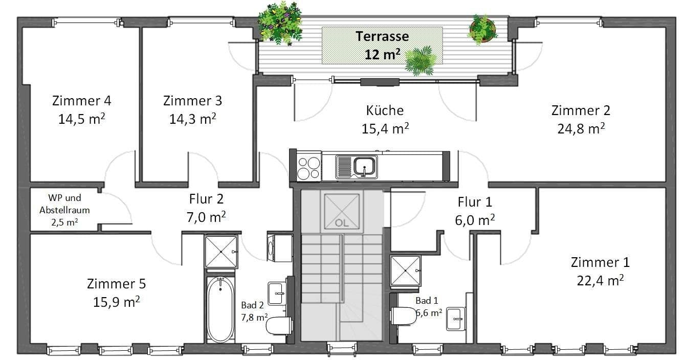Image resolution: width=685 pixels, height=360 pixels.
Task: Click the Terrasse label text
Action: pos(382,36)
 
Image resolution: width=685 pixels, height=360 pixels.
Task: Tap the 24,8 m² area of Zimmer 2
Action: pos(581,128)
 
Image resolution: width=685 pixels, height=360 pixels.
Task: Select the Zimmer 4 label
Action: pos(81,101)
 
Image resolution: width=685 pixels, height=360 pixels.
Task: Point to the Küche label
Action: pos(385,110)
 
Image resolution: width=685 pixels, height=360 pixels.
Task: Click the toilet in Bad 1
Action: pos(404,316)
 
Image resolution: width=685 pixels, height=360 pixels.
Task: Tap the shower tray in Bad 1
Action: pos(405,271)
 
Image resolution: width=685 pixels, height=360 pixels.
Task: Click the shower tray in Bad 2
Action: pos(221,252)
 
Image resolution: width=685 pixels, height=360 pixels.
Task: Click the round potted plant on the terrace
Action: pos(482,29)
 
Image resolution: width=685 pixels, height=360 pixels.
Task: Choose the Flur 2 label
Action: pos(206,198)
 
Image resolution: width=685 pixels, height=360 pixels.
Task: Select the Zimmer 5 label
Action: pos(116,283)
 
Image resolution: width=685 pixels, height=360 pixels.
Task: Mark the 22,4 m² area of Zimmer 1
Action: pos(600,280)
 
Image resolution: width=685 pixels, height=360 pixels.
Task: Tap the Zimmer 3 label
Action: pos(192,101)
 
